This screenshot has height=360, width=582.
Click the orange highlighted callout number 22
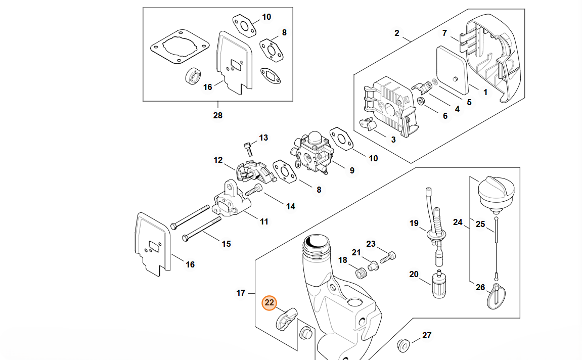pos(270,303)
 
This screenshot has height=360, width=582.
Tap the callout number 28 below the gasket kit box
pos(217,115)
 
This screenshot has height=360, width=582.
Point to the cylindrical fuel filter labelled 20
pos(437,286)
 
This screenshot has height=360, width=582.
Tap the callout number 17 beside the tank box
pos(241,293)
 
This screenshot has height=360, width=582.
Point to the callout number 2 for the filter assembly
pos(397,33)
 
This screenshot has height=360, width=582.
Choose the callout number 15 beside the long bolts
pos(226,244)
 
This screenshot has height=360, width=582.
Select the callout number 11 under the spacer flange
pos(264,221)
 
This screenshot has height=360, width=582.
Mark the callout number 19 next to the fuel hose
pos(414,223)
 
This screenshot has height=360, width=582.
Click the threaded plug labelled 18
pos(361,274)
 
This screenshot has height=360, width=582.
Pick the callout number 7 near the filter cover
pos(444,33)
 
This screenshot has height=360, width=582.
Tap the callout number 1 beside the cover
pos(485,93)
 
